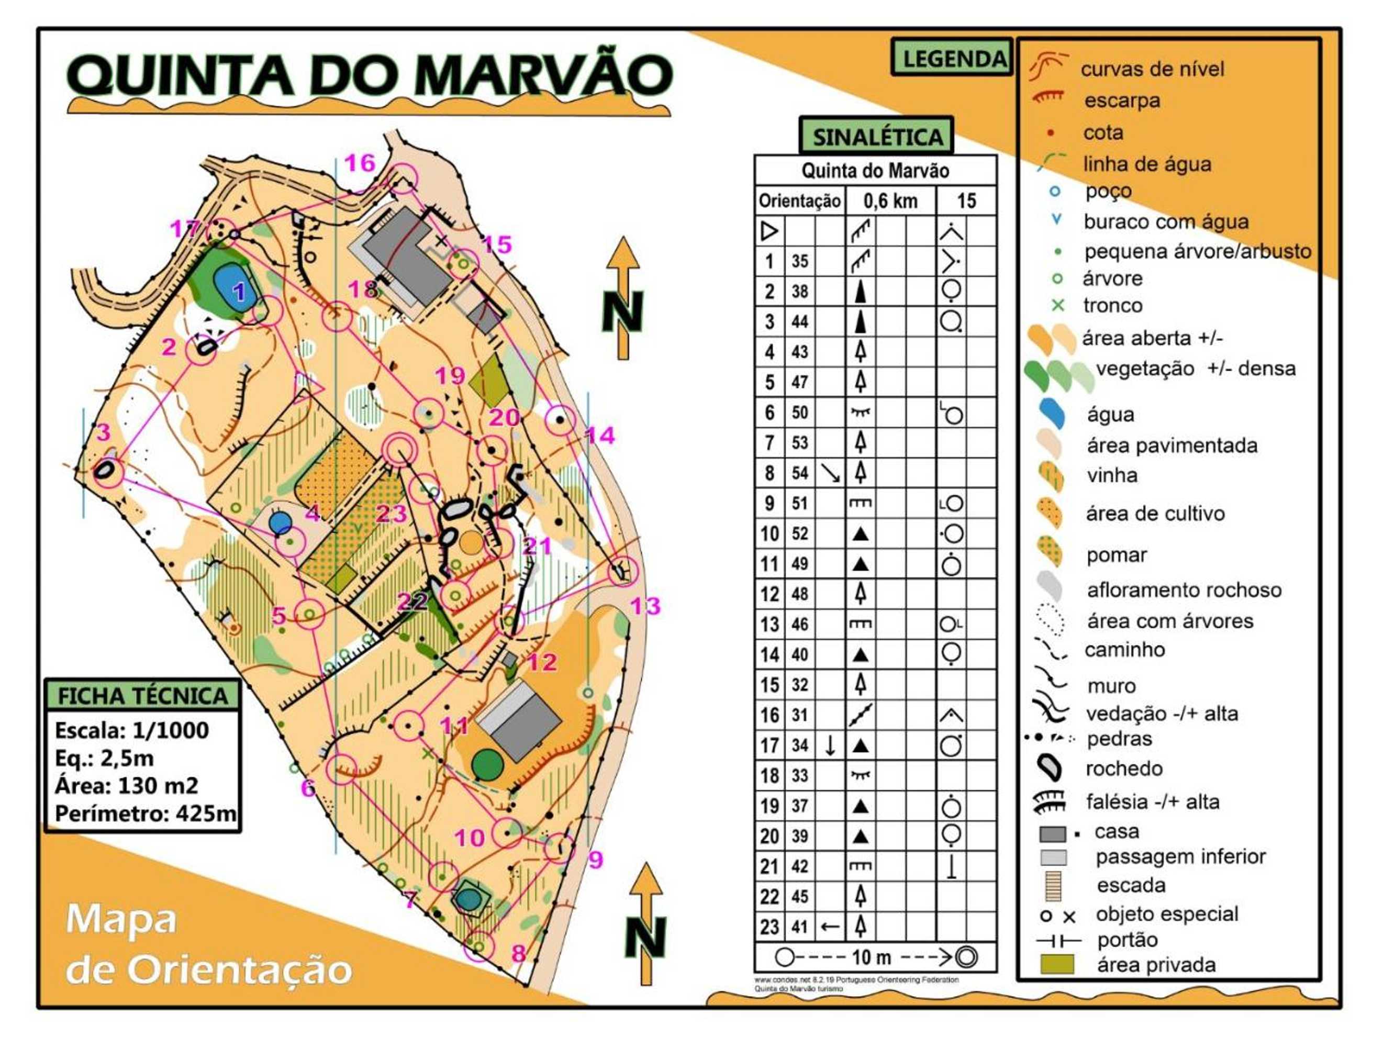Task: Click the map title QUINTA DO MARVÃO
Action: (x=369, y=75)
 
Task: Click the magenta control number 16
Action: (x=360, y=163)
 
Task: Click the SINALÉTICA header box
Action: (x=877, y=136)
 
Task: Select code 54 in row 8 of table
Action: (x=800, y=473)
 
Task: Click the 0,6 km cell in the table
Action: (x=890, y=201)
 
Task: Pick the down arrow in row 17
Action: (x=830, y=745)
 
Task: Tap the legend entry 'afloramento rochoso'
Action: (x=1184, y=590)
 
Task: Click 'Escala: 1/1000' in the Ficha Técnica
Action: (x=132, y=730)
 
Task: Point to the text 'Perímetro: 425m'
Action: (x=145, y=814)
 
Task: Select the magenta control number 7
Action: (x=409, y=899)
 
